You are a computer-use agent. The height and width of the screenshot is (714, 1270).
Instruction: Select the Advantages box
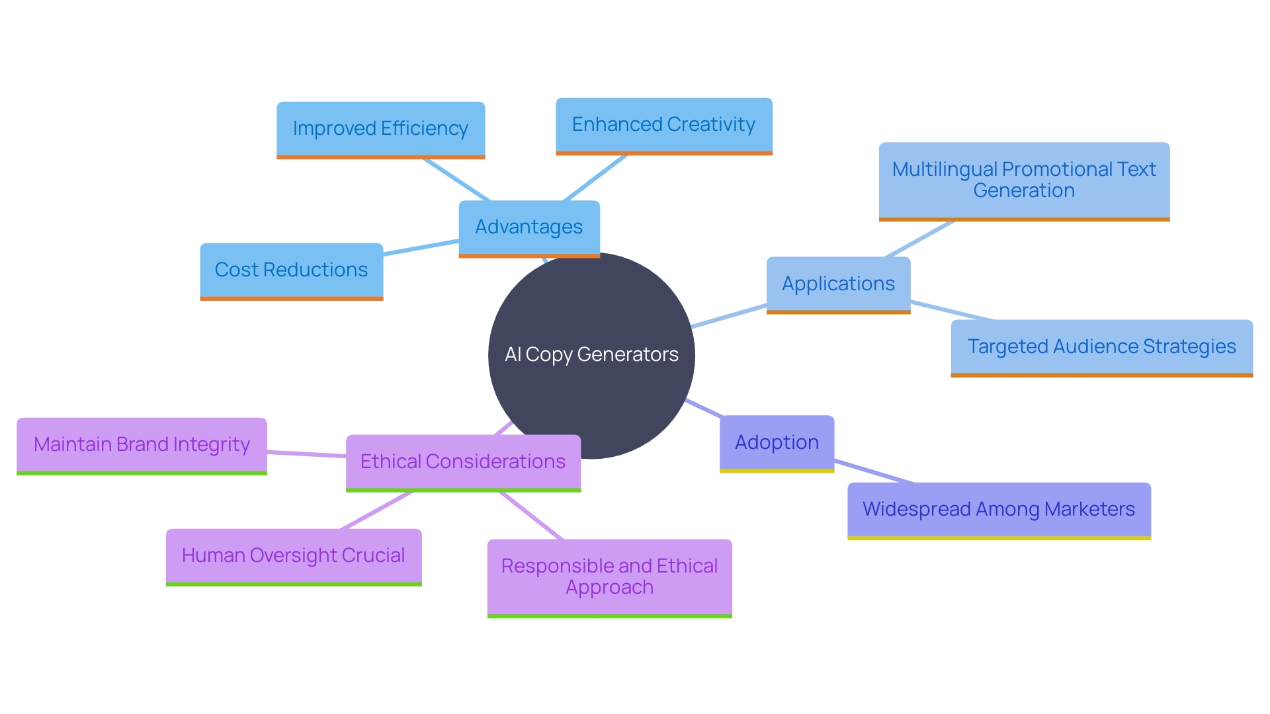pos(529,227)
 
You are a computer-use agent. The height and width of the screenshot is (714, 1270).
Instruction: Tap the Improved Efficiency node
pos(380,129)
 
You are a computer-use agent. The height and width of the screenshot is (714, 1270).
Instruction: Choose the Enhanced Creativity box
pos(663,125)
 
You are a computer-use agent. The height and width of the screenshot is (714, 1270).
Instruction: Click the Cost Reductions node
pos(291,270)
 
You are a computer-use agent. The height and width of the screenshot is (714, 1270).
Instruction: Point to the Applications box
pos(838,284)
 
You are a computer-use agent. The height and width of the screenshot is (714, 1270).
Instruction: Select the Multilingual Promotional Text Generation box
pos(1024,180)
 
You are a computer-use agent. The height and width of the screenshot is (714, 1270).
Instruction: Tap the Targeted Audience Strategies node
pos(1101,347)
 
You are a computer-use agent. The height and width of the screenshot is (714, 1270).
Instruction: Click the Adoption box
pos(777,443)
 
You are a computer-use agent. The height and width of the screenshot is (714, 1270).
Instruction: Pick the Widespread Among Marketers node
pos(999,510)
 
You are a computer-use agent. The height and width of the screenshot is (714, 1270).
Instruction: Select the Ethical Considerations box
pos(463,462)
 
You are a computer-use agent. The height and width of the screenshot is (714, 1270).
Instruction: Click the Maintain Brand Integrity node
pos(142,445)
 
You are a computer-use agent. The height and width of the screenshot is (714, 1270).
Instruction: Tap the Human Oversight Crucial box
pos(293,556)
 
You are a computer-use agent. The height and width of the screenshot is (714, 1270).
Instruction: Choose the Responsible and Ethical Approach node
pos(609,577)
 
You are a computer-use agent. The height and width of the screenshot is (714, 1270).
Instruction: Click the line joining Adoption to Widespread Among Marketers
pos(873,471)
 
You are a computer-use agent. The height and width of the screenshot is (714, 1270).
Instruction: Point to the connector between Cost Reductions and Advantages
pos(421,248)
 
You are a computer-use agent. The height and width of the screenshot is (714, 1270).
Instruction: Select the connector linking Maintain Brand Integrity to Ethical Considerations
pos(306,454)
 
